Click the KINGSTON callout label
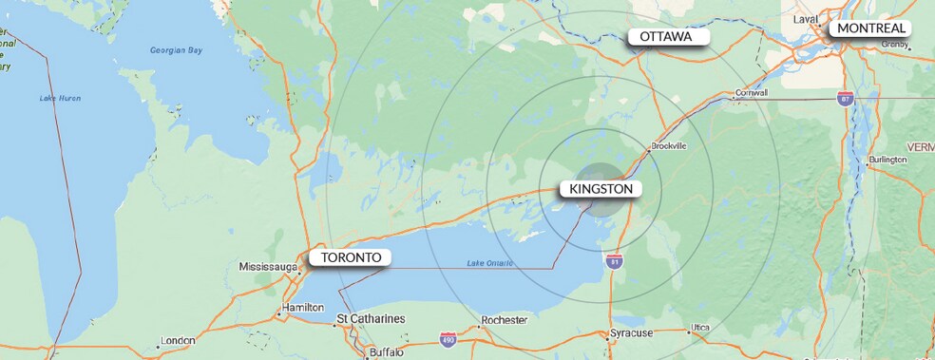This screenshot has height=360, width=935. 601,189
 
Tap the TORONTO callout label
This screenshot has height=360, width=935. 351,257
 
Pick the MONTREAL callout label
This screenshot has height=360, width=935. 871,28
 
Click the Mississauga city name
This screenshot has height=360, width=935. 270,267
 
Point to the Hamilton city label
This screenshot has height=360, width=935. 303,309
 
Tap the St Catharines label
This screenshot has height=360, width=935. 372,318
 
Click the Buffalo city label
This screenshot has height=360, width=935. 386,352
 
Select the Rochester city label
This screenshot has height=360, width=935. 504,320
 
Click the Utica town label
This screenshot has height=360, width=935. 699,328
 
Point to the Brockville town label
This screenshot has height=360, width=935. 667,146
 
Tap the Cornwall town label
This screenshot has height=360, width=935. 751,93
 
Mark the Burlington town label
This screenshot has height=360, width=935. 887,160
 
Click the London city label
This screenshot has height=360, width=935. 178,341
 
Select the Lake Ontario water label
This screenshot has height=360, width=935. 490,263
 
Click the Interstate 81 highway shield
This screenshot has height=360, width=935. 615,257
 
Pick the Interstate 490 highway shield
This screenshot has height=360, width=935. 448,338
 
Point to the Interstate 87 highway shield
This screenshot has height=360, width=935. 845,98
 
